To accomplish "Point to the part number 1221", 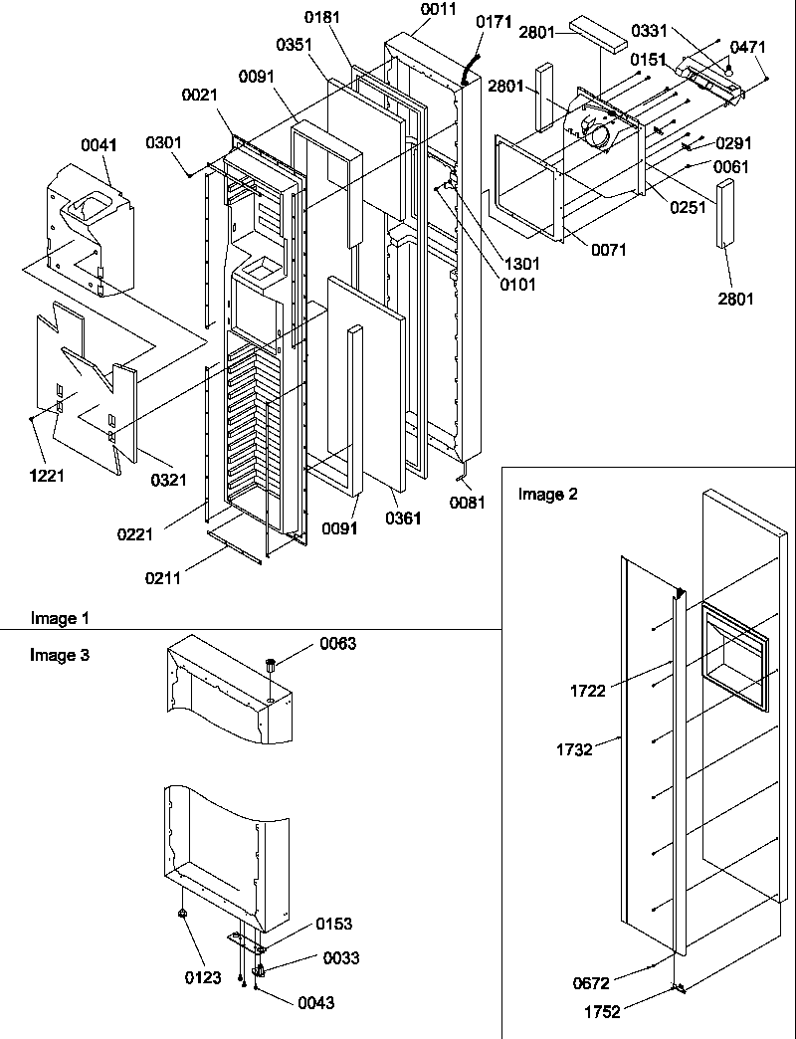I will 46,475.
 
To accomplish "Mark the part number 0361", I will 403,519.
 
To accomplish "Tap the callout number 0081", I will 467,503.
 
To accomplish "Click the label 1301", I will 521,265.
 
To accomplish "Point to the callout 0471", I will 749,46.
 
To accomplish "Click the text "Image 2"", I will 547,494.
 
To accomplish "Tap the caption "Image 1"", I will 60,619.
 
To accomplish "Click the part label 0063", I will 337,644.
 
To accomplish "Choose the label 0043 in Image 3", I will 315,1003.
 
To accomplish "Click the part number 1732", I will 576,750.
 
